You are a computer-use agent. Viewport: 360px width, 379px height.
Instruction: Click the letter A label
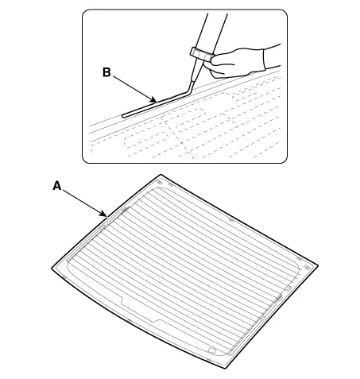pyautogui.click(x=57, y=186)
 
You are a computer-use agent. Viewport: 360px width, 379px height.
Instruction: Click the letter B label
pyautogui.click(x=106, y=72)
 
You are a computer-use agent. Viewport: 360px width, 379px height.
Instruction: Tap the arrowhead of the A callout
pyautogui.click(x=106, y=215)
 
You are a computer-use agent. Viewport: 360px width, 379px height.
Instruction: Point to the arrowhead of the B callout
pyautogui.click(x=154, y=100)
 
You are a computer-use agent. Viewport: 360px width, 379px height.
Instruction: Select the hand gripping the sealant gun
pyautogui.click(x=238, y=63)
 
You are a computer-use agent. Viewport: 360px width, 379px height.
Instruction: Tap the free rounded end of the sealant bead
pyautogui.click(x=123, y=116)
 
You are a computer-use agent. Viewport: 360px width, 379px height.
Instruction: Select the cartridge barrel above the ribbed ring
pyautogui.click(x=212, y=30)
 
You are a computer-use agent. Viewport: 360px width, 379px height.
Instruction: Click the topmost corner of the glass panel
pyautogui.click(x=161, y=175)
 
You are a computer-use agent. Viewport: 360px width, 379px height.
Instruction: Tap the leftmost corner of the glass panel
pyautogui.click(x=52, y=269)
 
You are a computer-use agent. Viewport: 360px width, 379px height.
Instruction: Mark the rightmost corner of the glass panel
pyautogui.click(x=318, y=265)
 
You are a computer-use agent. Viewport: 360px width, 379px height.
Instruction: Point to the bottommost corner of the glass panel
pyautogui.click(x=226, y=368)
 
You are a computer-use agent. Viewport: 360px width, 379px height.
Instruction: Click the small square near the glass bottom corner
pyautogui.click(x=212, y=350)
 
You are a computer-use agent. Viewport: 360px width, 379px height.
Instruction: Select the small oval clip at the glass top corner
pyautogui.click(x=160, y=183)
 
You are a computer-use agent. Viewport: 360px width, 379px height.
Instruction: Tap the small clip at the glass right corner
pyautogui.click(x=307, y=268)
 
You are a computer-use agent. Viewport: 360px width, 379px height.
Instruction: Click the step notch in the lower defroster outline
pyautogui.click(x=122, y=301)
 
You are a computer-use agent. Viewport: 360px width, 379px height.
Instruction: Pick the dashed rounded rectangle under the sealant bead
pyautogui.click(x=146, y=141)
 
